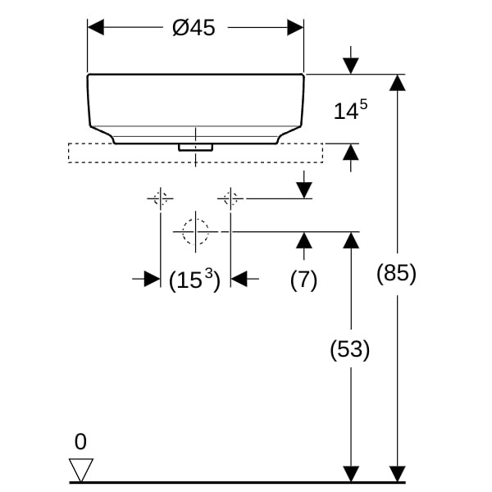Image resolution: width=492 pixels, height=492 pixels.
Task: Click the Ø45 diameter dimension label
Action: tap(194, 28)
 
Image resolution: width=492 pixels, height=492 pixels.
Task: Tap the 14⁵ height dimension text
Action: tap(349, 112)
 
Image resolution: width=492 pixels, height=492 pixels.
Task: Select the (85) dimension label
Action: tap(397, 274)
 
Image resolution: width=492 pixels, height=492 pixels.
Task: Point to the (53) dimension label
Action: tap(350, 350)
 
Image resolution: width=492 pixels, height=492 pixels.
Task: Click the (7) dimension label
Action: tap(303, 280)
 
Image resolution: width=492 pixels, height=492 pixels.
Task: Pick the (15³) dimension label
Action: tap(195, 280)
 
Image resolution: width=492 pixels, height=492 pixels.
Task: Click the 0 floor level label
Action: tap(80, 442)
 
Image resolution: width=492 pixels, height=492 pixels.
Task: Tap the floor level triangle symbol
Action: tap(81, 470)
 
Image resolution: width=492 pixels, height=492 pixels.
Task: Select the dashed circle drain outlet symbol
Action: tap(195, 232)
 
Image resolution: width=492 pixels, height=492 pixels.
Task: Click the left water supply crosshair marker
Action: tap(160, 198)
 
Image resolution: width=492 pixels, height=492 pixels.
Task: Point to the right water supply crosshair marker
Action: tap(230, 198)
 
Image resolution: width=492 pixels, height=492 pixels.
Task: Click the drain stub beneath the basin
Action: tap(195, 148)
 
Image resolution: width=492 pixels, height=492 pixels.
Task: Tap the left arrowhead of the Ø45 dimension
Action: tap(96, 28)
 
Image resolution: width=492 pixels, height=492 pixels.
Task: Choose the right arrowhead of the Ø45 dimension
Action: tap(295, 28)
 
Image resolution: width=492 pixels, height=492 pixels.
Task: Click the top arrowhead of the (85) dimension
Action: tap(397, 83)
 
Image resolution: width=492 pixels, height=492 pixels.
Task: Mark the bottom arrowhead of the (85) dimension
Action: tap(397, 474)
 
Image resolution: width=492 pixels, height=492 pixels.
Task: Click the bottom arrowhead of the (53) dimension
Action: tap(351, 474)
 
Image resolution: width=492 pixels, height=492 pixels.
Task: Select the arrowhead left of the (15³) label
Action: tap(152, 280)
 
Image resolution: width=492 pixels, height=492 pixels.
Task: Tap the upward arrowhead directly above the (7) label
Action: tap(304, 240)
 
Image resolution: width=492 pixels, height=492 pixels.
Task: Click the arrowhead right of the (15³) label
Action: tap(239, 280)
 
